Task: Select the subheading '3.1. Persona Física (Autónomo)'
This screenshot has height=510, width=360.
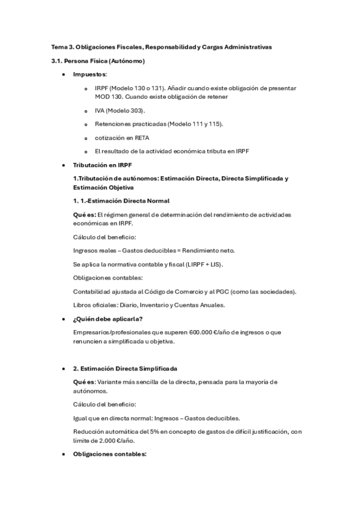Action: point(97,61)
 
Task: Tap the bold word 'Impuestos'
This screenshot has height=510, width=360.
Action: point(90,74)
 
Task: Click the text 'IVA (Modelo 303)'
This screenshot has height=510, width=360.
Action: point(120,111)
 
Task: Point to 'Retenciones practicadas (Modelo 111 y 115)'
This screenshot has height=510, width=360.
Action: point(159,124)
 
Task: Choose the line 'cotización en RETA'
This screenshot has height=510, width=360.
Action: point(123,137)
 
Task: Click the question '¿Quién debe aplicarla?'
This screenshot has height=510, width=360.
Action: point(108,318)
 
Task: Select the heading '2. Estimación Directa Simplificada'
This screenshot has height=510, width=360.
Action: point(126,367)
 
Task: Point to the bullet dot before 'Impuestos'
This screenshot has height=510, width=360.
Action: point(64,75)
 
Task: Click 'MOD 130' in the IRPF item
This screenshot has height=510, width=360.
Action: point(108,97)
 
